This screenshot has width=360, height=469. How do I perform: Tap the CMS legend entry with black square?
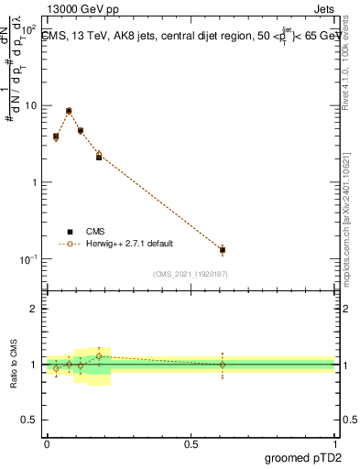94,232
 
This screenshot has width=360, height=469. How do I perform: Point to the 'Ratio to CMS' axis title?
14,364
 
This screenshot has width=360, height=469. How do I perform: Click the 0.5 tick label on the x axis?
191,444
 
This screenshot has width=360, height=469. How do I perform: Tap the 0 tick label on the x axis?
47,444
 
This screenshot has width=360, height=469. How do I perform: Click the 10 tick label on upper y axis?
30,105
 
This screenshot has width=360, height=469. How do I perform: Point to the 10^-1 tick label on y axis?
27,259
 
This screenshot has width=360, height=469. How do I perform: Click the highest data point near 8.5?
69,111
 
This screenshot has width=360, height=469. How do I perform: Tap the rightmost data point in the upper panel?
223,249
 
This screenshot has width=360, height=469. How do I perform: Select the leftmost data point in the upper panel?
56,136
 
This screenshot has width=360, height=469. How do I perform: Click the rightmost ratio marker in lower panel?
223,365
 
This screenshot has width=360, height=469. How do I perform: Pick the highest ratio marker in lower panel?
99,355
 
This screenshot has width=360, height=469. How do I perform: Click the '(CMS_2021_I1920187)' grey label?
191,273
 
